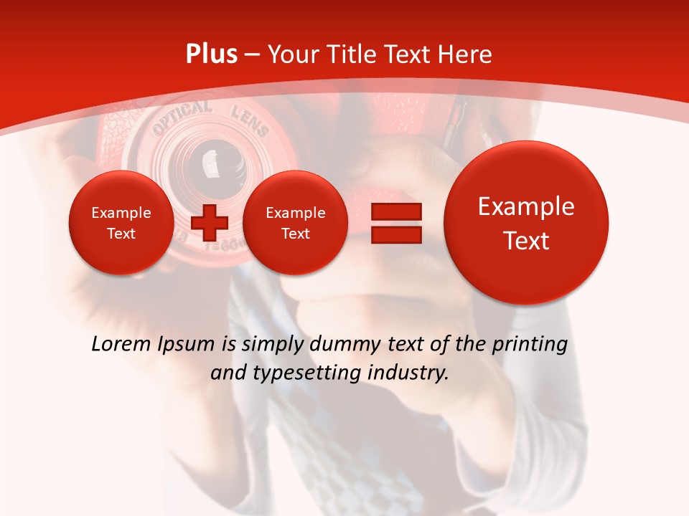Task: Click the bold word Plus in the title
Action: pos(211,54)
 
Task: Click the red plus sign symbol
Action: pos(210,223)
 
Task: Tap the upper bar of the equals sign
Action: pos(396,211)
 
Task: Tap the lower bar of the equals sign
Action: pos(396,234)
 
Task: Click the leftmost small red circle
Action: pos(121,223)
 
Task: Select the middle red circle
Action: pos(295,223)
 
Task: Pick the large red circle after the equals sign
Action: pos(526,222)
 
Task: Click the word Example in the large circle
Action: pos(526,206)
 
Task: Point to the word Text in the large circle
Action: pos(526,241)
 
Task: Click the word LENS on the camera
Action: pos(249,120)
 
